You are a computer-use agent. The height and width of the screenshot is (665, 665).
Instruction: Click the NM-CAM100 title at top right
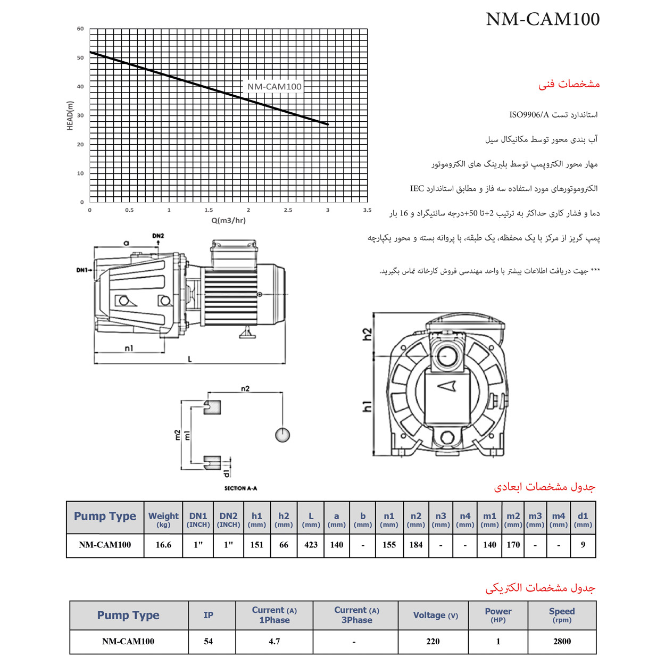click(543, 19)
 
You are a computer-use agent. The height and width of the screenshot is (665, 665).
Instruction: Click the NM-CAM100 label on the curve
click(274, 87)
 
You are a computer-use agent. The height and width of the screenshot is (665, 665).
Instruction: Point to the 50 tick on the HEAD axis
click(80, 58)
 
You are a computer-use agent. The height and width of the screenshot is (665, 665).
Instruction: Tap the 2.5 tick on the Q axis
click(288, 210)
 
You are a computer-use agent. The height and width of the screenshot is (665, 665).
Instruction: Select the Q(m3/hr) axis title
click(228, 220)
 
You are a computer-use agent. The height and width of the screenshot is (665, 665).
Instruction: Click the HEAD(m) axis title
click(70, 115)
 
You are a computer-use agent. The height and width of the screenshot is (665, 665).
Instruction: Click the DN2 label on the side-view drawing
click(158, 236)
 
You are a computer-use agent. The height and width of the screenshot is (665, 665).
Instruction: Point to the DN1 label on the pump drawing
click(81, 270)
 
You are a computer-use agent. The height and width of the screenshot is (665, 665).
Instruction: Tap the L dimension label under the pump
click(189, 359)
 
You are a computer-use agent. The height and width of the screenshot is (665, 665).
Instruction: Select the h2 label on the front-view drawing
click(367, 334)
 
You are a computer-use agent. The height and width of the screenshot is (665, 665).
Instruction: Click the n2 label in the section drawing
click(245, 388)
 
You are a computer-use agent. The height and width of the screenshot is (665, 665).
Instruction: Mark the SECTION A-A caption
click(240, 488)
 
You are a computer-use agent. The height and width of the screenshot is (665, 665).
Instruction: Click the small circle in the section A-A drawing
click(282, 435)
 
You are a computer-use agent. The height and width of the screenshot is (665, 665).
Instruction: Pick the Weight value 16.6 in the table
click(163, 545)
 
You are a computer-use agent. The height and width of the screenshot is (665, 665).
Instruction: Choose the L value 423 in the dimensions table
click(311, 545)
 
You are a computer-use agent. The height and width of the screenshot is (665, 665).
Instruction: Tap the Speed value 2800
click(562, 642)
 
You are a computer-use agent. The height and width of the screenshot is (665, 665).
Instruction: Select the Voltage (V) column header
click(435, 616)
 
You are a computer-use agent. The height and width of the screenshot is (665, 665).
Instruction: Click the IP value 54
click(209, 642)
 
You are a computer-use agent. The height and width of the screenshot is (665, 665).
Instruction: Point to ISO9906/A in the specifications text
click(529, 115)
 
